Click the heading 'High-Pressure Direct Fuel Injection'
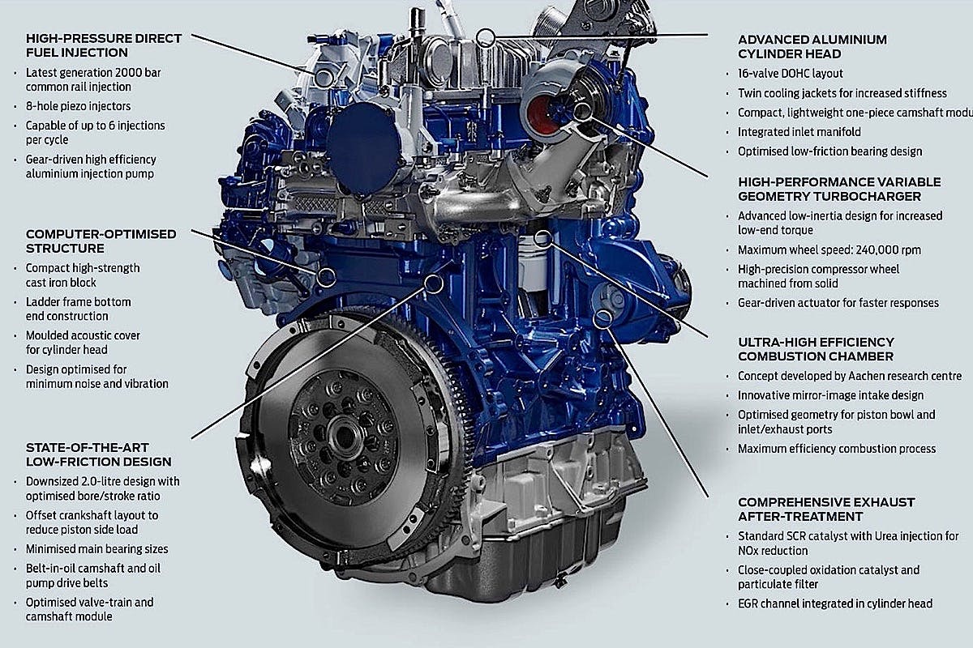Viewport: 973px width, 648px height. (x=104, y=45)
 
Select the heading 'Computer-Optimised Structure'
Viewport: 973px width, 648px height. (x=101, y=241)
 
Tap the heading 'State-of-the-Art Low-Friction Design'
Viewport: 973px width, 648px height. (x=98, y=454)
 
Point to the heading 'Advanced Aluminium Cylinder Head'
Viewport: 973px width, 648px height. (x=812, y=46)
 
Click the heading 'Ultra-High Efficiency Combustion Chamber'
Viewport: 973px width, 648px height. (x=816, y=349)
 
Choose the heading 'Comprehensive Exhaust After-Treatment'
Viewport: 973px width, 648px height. (x=826, y=509)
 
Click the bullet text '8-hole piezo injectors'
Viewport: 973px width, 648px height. (x=78, y=106)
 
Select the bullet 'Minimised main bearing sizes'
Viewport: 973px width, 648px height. (x=96, y=549)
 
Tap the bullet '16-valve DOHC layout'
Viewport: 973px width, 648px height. (x=790, y=74)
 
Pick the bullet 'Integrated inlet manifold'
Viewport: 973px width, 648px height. (x=799, y=132)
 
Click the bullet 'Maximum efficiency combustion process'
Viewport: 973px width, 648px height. (x=837, y=449)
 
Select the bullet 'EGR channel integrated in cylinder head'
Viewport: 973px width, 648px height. (x=835, y=603)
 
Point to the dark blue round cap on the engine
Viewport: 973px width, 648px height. (x=363, y=147)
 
